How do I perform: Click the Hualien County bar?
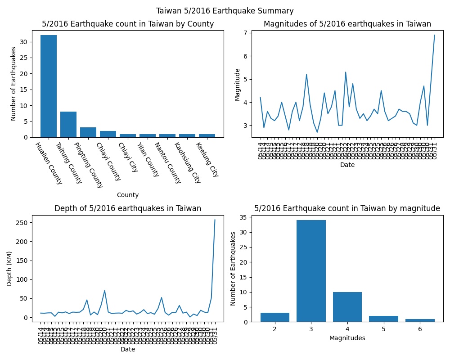[49, 86]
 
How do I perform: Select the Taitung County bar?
[68, 124]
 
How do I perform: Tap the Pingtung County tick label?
[89, 165]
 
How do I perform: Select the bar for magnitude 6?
[420, 320]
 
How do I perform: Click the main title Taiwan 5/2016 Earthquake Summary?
[225, 11]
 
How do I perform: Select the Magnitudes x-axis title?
[347, 337]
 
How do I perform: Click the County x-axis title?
[128, 195]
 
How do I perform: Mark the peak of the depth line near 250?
[215, 220]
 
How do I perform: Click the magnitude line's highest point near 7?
[434, 35]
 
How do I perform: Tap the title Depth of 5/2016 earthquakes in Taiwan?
[128, 208]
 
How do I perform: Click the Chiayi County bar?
[108, 134]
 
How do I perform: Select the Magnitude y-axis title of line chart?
[238, 85]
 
